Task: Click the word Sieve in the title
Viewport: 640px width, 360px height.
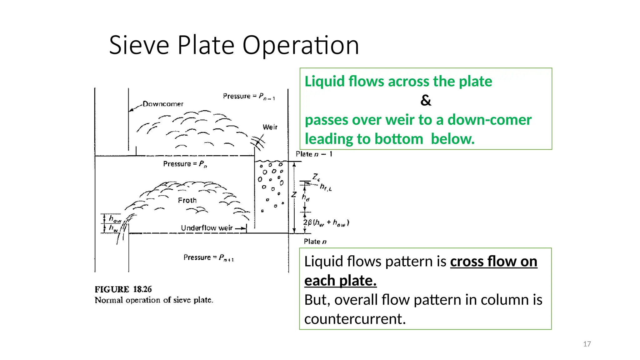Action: [139, 45]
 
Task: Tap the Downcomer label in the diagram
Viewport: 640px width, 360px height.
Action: [163, 104]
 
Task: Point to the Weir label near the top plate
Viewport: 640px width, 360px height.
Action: [270, 127]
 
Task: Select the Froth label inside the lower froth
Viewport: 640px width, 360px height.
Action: [187, 200]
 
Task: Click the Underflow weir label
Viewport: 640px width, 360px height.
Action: [207, 228]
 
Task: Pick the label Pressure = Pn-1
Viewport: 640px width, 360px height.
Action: [249, 96]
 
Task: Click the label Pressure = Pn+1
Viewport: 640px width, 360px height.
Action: [208, 257]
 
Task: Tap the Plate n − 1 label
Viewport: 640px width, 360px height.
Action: [314, 154]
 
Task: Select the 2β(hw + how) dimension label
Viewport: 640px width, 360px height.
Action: [326, 223]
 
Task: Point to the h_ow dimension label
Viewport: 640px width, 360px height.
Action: [115, 219]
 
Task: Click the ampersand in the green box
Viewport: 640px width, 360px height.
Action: [426, 100]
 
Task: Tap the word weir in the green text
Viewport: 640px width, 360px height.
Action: [404, 120]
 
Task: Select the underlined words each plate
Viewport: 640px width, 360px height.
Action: [340, 281]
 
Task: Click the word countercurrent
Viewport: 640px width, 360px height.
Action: [355, 319]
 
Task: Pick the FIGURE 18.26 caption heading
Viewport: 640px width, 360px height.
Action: [123, 289]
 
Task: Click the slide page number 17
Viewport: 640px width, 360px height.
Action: [587, 344]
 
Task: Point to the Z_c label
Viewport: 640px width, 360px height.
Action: [316, 177]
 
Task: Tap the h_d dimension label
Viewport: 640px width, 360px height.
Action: [305, 197]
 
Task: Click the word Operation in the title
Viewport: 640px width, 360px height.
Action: [300, 45]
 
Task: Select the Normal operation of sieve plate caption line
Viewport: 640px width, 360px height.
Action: [154, 300]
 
